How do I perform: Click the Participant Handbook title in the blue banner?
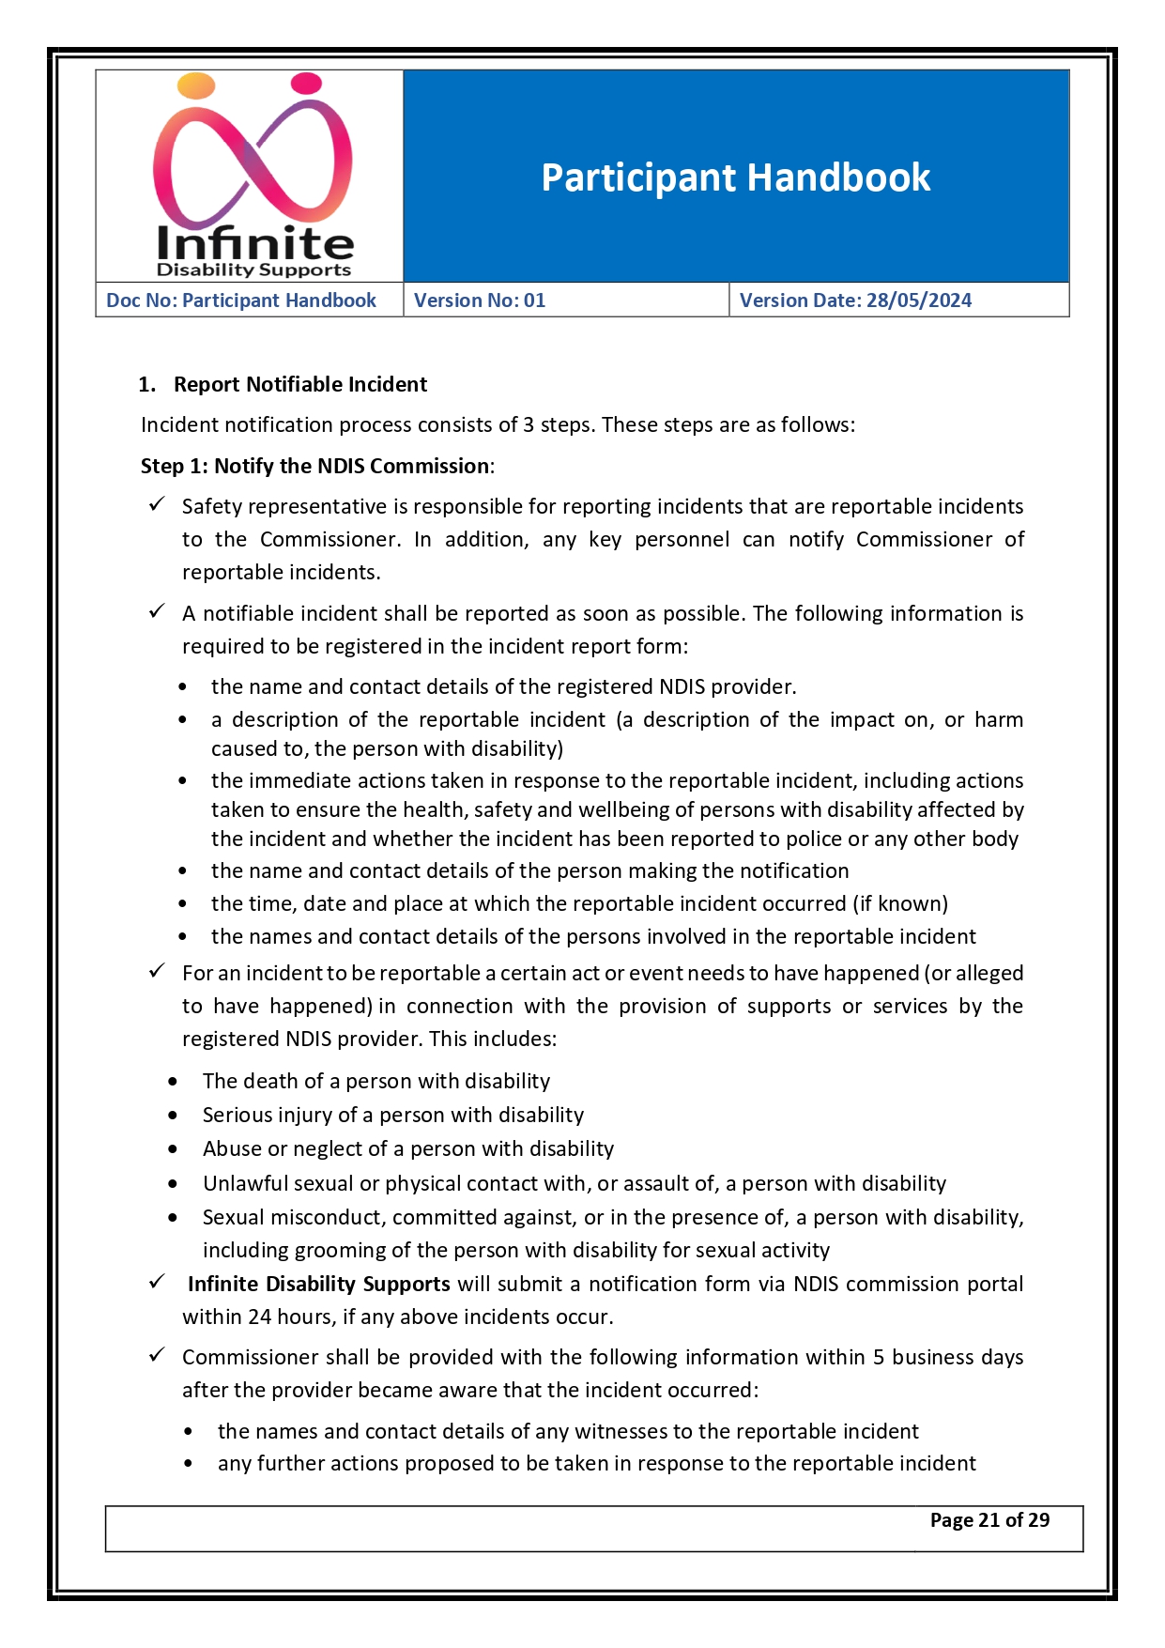[x=735, y=177]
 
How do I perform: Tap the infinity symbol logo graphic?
[x=252, y=155]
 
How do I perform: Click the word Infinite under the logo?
[x=254, y=243]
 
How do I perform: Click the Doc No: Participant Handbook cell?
[x=241, y=300]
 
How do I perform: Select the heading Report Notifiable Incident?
[x=299, y=384]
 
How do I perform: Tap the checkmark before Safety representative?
[x=157, y=505]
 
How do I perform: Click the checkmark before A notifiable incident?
[x=157, y=611]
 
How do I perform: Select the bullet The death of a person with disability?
[x=376, y=1081]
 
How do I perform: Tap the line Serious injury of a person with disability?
[x=392, y=1115]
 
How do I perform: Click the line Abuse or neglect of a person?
[x=407, y=1148]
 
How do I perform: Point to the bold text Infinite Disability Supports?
[x=318, y=1284]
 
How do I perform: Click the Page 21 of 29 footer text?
[x=989, y=1520]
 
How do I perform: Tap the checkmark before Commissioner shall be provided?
[x=157, y=1355]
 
